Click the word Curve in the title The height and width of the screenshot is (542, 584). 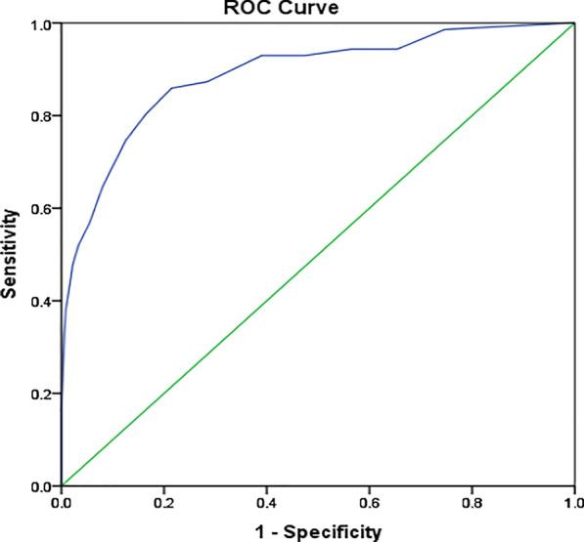(330, 7)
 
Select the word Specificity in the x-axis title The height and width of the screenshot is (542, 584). (332, 531)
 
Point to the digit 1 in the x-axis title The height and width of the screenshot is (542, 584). (256, 531)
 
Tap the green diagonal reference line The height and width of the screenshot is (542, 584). (317, 254)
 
